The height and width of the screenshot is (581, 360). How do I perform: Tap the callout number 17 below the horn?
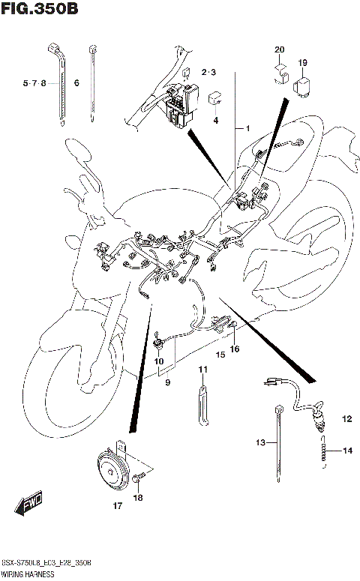coord(118,507)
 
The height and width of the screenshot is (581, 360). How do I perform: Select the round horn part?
coord(111,471)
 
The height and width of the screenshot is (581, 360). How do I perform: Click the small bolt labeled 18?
coord(138,478)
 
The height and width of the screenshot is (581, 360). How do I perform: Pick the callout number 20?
coord(279,49)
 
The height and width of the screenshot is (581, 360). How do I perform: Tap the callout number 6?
coord(76,82)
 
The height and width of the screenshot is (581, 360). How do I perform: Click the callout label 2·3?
coord(208,72)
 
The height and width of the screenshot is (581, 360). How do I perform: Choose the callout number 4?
coord(214,120)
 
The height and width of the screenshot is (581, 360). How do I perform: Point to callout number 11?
coord(202,370)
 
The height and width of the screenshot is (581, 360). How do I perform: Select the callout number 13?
coord(260,443)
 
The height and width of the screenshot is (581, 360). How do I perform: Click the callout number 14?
coord(347,451)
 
